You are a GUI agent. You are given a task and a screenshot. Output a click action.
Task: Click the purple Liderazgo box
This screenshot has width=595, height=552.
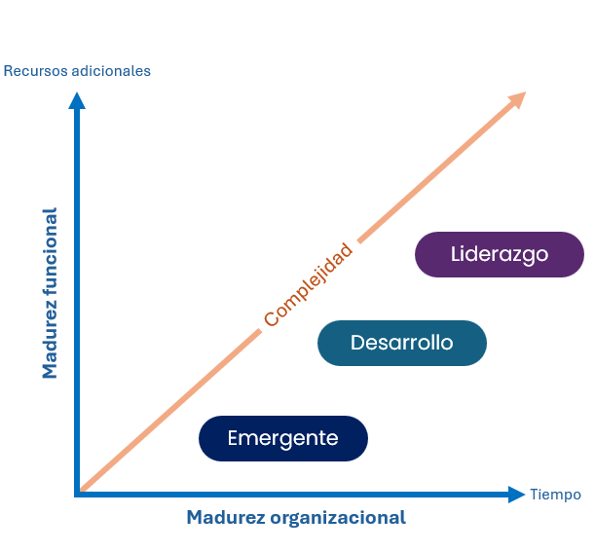pos(499,255)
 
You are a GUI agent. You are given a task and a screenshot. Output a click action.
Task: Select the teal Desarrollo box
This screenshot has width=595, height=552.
pos(401,343)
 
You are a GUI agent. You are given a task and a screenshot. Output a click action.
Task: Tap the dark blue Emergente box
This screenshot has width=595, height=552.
pos(282,438)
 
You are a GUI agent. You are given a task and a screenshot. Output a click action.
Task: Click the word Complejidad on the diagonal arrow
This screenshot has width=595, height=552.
pos(307,285)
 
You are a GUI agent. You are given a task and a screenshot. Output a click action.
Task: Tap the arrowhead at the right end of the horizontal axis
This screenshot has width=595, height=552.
pos(517,495)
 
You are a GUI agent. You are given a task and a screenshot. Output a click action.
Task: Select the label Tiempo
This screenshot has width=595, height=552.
pos(555,495)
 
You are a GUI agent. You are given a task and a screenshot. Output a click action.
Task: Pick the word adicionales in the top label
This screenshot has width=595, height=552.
pos(112,71)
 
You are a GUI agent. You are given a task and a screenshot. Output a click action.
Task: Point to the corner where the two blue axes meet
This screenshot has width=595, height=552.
pos(78,494)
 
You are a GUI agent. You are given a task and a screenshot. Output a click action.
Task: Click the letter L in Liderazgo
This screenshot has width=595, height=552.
pos(457,255)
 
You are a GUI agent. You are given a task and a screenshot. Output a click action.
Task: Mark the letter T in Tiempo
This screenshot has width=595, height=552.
pos(534,495)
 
